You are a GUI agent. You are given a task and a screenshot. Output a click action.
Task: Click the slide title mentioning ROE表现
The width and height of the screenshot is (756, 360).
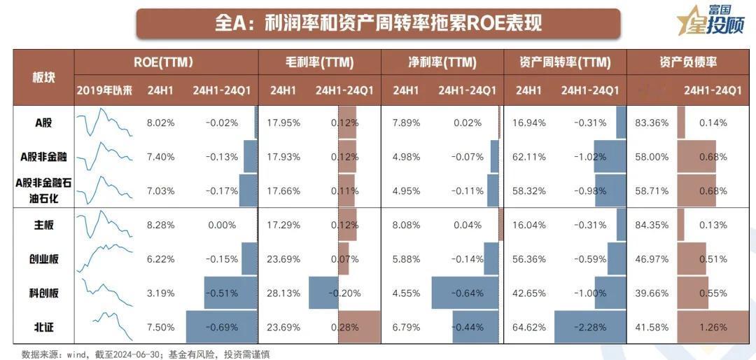pyautogui.click(x=378, y=23)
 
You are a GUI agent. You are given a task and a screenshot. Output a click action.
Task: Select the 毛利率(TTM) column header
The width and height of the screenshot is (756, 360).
pyautogui.click(x=318, y=62)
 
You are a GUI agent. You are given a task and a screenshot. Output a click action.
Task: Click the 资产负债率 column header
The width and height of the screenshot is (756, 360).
pyautogui.click(x=688, y=62)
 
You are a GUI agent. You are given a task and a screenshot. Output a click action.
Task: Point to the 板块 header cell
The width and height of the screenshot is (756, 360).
pyautogui.click(x=43, y=77)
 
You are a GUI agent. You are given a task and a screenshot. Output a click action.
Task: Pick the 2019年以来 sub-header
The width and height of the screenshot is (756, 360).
pyautogui.click(x=104, y=90)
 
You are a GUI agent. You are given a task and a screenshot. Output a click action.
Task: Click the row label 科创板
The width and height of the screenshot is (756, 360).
pyautogui.click(x=43, y=293)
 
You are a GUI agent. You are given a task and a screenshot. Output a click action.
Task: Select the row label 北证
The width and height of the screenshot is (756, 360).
pyautogui.click(x=43, y=327)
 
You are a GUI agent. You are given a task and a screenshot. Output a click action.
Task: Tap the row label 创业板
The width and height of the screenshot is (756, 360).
pyautogui.click(x=43, y=259)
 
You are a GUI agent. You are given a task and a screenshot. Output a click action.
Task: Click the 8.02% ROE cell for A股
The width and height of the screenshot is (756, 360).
pyautogui.click(x=160, y=123)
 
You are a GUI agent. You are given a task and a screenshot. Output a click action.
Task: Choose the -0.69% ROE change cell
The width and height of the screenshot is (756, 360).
pyautogui.click(x=221, y=327)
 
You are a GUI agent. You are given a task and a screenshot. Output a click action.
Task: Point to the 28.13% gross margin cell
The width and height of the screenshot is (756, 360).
pyautogui.click(x=283, y=293)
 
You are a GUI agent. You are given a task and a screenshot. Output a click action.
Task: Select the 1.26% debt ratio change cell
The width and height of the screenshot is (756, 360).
pyautogui.click(x=713, y=327)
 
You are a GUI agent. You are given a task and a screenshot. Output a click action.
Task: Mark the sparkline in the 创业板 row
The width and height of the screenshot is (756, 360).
pyautogui.click(x=104, y=258)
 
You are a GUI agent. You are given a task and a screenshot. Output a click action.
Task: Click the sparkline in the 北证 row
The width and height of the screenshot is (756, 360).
pyautogui.click(x=104, y=326)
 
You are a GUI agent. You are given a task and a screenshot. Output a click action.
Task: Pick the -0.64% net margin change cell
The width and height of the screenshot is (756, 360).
pyautogui.click(x=467, y=293)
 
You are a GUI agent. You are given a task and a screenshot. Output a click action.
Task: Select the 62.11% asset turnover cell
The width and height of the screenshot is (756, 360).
pyautogui.click(x=529, y=156)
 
